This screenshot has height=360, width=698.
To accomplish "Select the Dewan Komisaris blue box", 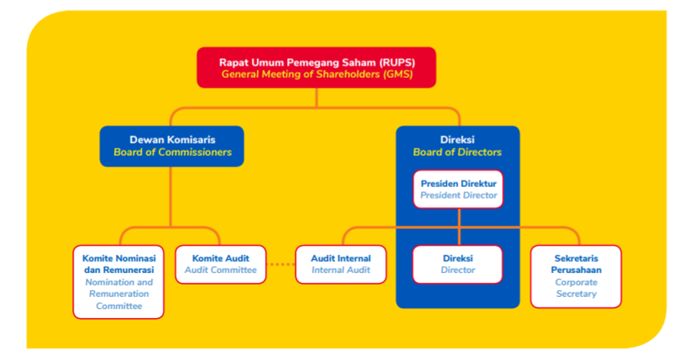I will point(172,146).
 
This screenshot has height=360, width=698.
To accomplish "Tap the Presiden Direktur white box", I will point(458,189).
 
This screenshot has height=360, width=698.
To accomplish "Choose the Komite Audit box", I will point(221,264).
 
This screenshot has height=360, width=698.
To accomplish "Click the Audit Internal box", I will point(340,264).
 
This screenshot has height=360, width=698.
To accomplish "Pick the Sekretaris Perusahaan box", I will point(575,276).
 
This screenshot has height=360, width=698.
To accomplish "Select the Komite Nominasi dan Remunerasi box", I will point(119,282).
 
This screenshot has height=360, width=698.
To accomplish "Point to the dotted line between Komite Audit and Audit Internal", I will point(281,264).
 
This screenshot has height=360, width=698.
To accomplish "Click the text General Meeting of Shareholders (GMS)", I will point(316,75).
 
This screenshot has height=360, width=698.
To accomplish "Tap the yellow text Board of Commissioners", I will point(172,153).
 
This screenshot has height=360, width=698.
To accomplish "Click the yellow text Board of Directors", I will point(457,153).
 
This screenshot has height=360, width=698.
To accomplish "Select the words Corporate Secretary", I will point(575,288).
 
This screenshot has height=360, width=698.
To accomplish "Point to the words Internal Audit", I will point(340,271).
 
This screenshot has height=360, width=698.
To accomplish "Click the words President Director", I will point(458,196).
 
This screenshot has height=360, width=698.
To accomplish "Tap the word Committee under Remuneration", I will point(119,306).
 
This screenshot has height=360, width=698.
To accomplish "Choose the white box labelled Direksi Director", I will point(457,264).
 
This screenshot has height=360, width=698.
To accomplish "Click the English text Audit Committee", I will point(221,271).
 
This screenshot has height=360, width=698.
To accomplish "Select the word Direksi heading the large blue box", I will point(457,140).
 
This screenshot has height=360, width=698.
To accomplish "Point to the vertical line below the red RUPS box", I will point(316,98).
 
